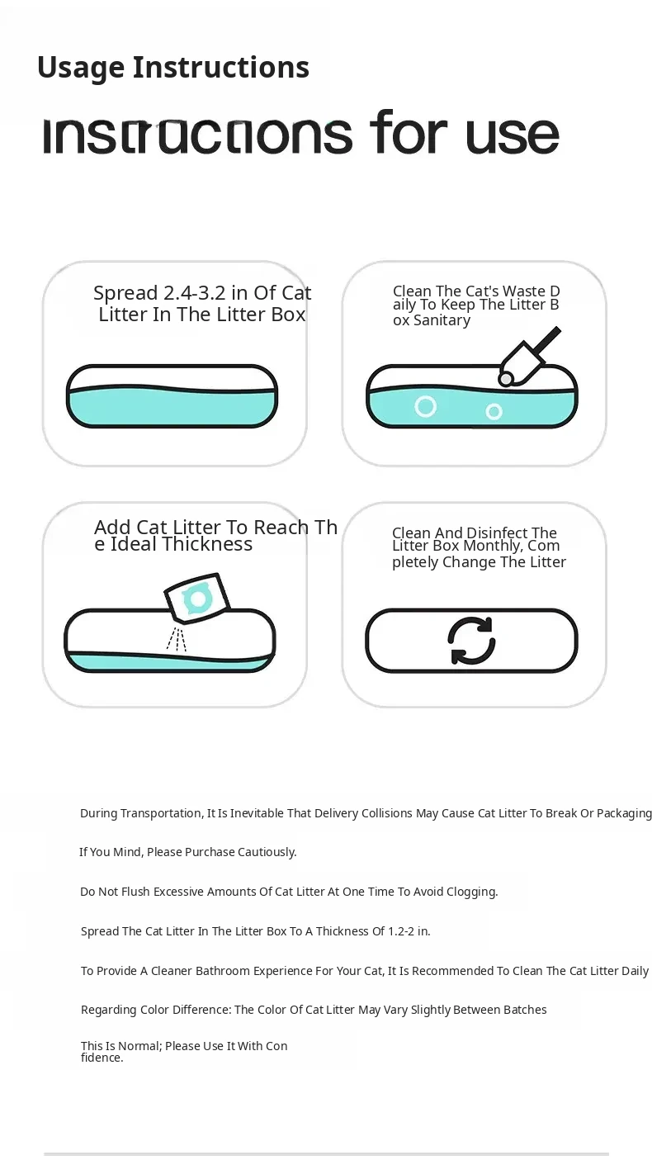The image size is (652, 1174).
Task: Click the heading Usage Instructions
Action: [x=173, y=69]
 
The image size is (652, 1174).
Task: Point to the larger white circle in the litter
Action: [x=425, y=406]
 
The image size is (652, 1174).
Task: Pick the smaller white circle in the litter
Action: [x=494, y=412]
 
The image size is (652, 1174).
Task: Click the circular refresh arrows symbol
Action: [x=471, y=641]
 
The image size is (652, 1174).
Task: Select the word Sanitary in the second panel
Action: [x=442, y=320]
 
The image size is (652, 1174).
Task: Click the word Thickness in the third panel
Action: [x=207, y=544]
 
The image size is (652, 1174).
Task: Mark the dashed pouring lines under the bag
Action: [x=177, y=639]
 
